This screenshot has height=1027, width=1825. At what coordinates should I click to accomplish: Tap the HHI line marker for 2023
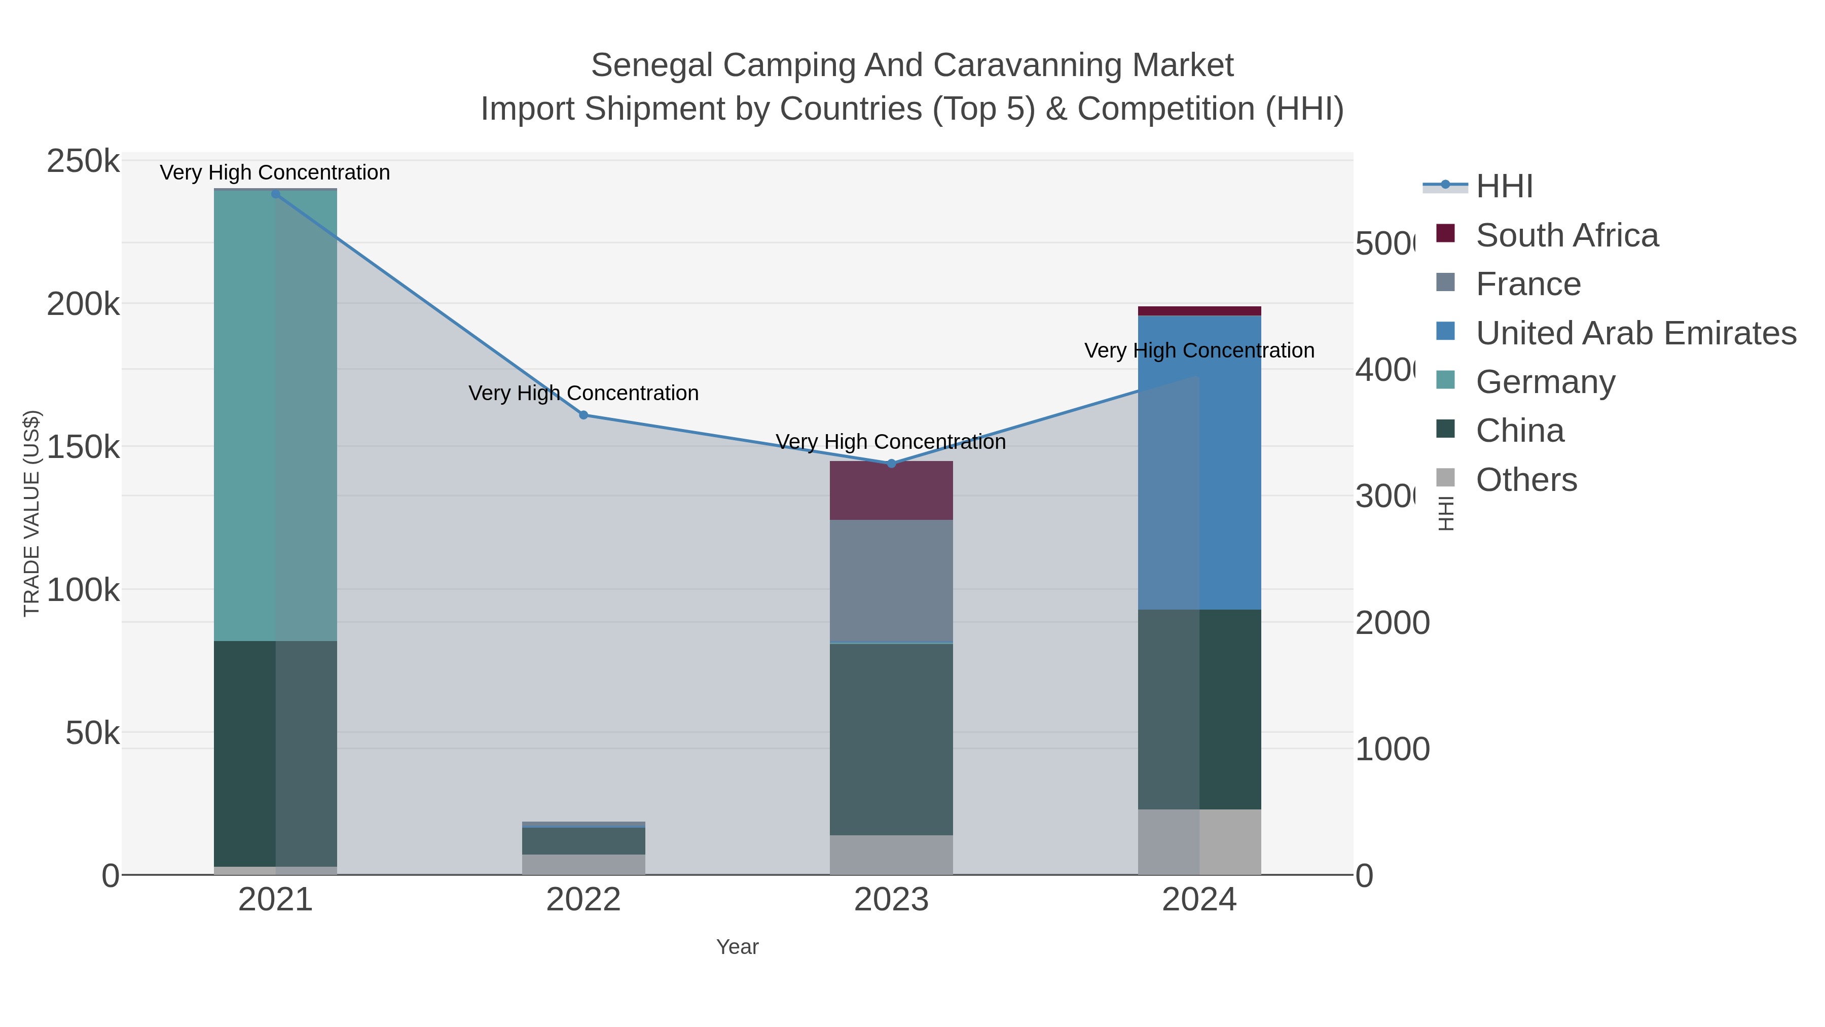pyautogui.click(x=891, y=464)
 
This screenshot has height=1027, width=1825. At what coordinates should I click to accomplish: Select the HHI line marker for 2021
pyautogui.click(x=276, y=194)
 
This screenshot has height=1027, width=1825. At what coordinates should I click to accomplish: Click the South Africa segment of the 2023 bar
pyautogui.click(x=891, y=490)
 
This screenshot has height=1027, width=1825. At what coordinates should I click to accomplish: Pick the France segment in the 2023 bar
pyautogui.click(x=891, y=581)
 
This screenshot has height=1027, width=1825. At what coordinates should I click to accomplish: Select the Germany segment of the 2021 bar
pyautogui.click(x=276, y=415)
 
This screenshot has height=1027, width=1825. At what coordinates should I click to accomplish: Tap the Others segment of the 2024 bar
pyautogui.click(x=1199, y=842)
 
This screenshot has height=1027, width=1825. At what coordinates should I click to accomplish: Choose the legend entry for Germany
pyautogui.click(x=1545, y=382)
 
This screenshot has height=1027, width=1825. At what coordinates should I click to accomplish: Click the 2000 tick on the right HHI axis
pyautogui.click(x=1392, y=623)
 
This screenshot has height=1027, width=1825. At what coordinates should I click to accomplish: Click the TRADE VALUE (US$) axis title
pyautogui.click(x=32, y=513)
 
